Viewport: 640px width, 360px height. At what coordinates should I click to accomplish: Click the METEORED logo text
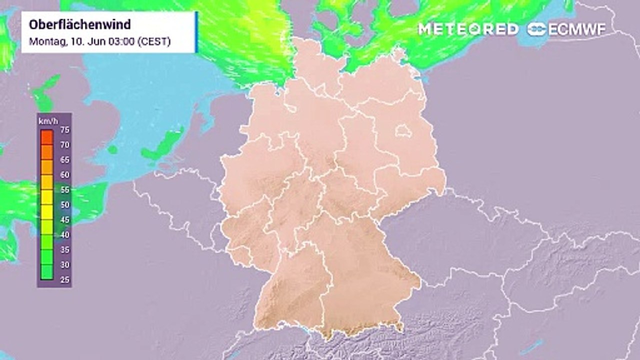(x=468, y=29)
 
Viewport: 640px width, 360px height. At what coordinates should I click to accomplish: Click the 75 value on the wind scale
(x=64, y=130)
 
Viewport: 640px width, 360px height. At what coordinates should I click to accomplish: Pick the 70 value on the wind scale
(x=64, y=145)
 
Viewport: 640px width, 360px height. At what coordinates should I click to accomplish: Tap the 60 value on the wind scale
(x=64, y=175)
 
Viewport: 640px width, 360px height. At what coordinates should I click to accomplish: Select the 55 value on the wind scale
(x=64, y=190)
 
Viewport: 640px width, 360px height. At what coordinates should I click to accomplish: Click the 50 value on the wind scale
(x=64, y=205)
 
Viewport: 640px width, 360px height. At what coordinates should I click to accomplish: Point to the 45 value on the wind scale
(x=64, y=220)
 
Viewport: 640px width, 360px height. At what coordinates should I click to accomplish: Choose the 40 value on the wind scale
(x=64, y=235)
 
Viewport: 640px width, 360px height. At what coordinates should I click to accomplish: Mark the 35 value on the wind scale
(x=64, y=250)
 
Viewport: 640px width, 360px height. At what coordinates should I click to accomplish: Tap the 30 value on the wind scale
(x=64, y=265)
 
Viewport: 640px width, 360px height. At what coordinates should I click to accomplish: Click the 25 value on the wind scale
(x=64, y=280)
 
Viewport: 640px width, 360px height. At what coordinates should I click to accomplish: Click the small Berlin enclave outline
(x=402, y=131)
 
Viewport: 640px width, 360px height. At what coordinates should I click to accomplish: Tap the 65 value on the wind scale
(x=64, y=160)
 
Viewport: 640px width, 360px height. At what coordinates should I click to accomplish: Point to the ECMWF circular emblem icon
(x=537, y=29)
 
